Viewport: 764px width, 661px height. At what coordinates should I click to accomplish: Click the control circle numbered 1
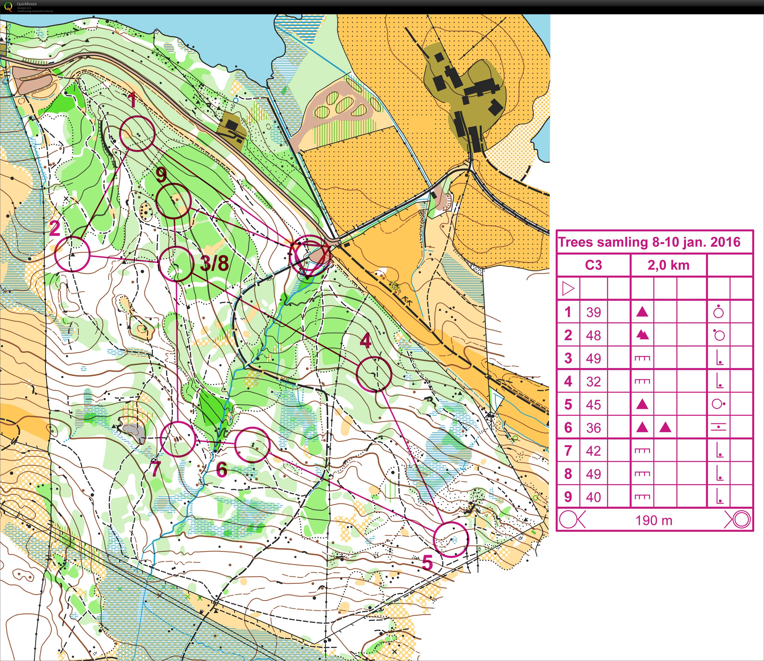pyautogui.click(x=137, y=134)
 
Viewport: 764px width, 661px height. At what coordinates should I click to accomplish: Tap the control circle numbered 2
pyautogui.click(x=72, y=254)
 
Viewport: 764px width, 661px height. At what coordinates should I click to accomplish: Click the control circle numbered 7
pyautogui.click(x=178, y=439)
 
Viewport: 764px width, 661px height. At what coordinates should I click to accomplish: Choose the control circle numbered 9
pyautogui.click(x=173, y=201)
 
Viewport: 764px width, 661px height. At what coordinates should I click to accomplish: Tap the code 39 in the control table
pyautogui.click(x=593, y=312)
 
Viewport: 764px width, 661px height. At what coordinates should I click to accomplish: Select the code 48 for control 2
pyautogui.click(x=593, y=335)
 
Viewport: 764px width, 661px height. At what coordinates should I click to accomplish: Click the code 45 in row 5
pyautogui.click(x=593, y=405)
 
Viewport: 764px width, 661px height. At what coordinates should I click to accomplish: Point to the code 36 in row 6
pyautogui.click(x=593, y=428)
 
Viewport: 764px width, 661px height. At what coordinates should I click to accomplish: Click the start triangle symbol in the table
pyautogui.click(x=568, y=289)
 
